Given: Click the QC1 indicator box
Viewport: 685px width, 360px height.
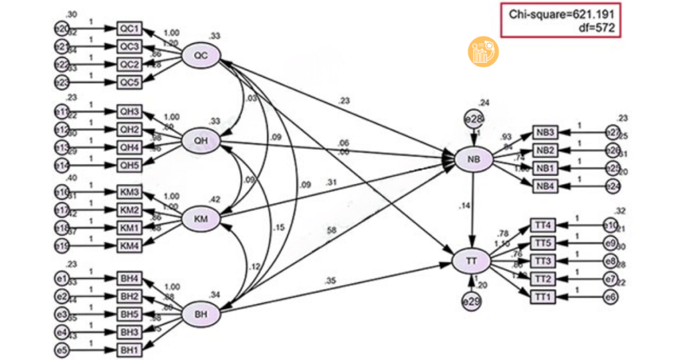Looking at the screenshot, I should pyautogui.click(x=129, y=28).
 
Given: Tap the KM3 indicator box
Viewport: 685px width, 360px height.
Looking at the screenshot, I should pyautogui.click(x=129, y=193).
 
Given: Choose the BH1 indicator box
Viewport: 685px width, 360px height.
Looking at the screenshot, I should pyautogui.click(x=129, y=349).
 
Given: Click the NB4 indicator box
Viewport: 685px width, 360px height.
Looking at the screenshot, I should pyautogui.click(x=545, y=185).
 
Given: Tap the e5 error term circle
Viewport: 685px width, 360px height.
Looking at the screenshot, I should pyautogui.click(x=62, y=349).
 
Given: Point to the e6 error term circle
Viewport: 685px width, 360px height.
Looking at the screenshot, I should pyautogui.click(x=609, y=295).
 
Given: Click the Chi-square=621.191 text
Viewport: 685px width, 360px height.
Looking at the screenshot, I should pyautogui.click(x=561, y=14).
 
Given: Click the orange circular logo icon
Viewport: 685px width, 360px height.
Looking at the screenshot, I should pyautogui.click(x=482, y=52).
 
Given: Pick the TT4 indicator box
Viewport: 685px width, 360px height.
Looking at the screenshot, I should pyautogui.click(x=543, y=224).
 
